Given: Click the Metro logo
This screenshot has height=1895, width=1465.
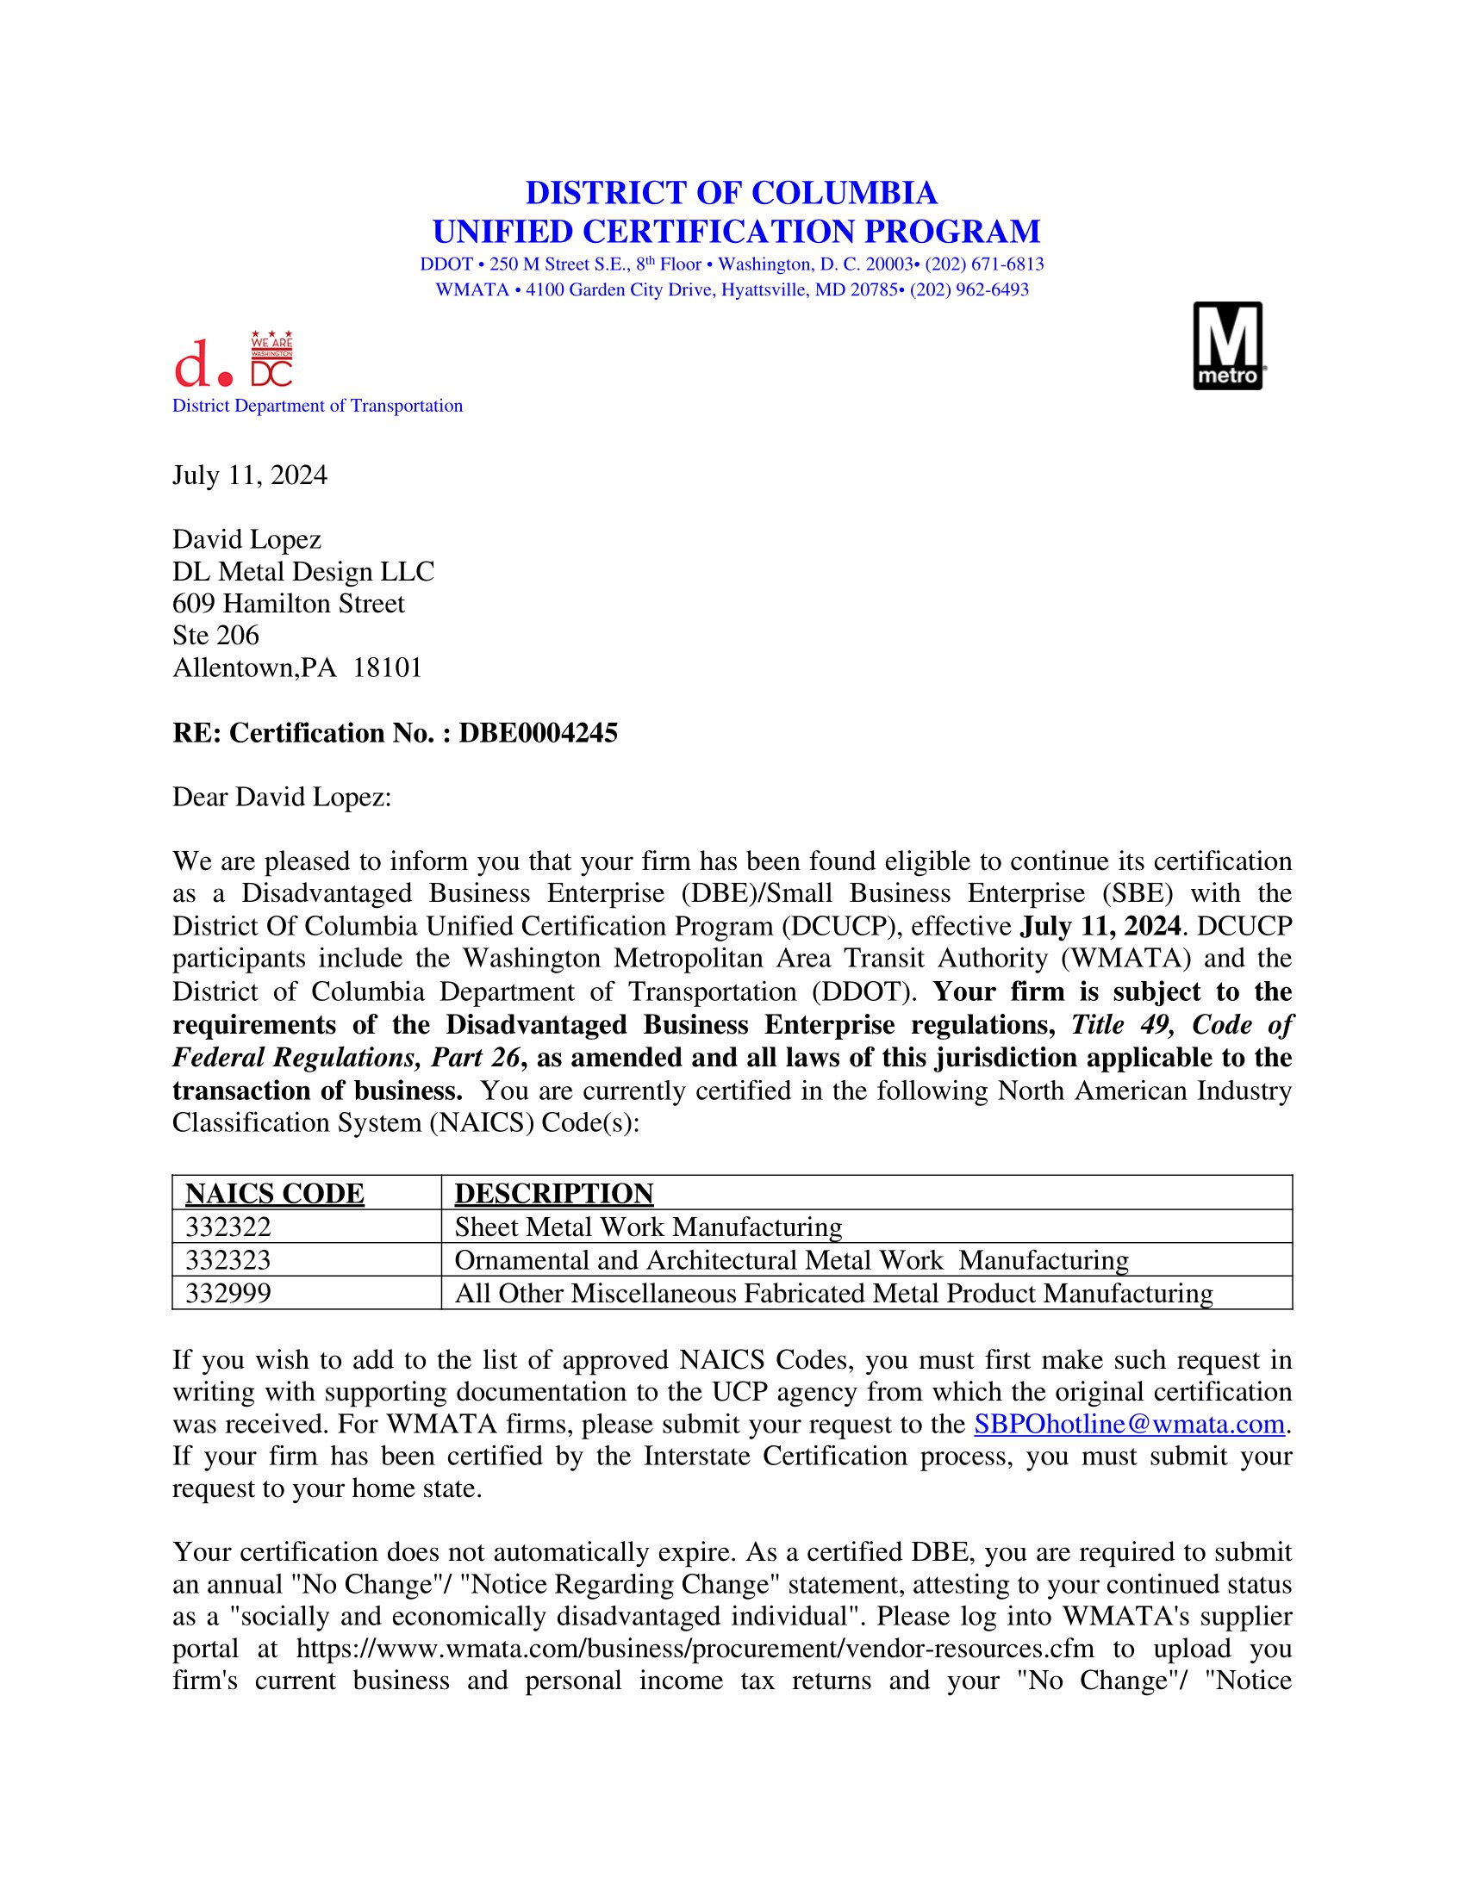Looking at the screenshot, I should tap(1227, 346).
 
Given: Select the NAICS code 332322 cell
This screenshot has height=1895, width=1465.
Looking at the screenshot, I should tap(228, 1227).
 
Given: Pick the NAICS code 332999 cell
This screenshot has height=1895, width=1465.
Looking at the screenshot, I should tap(228, 1294).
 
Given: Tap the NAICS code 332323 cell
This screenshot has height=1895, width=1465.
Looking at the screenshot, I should tap(228, 1260).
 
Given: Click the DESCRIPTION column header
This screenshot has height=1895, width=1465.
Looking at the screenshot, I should tap(554, 1194).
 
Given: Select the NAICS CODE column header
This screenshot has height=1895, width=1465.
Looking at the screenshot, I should tap(274, 1194).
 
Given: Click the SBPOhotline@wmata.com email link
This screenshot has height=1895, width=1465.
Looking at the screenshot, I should tap(1129, 1424).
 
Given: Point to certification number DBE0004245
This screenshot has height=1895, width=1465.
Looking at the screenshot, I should tap(538, 733).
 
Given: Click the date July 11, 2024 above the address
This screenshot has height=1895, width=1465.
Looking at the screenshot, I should tap(250, 475).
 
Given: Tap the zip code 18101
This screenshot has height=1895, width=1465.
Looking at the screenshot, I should tap(387, 668).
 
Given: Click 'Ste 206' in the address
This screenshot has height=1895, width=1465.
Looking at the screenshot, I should tap(216, 636).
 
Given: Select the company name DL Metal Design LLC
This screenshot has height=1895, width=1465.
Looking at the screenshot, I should tap(302, 572).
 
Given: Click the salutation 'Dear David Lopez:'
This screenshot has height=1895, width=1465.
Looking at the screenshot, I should tap(282, 798).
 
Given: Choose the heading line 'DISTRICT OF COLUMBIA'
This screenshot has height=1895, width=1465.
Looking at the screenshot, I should tap(732, 193).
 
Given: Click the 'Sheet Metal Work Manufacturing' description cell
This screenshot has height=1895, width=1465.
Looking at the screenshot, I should tap(648, 1227).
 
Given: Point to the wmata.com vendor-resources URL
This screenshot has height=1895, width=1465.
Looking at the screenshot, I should tap(695, 1649).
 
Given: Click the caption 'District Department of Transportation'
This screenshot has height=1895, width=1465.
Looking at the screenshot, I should tap(318, 406).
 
